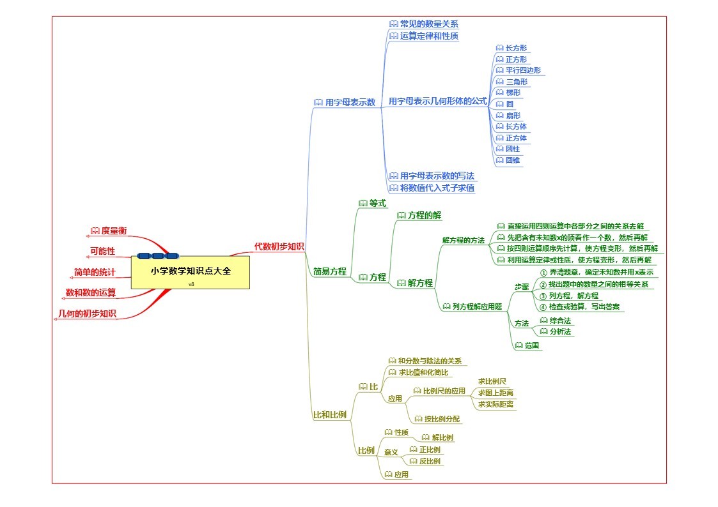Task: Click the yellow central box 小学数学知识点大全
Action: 190,272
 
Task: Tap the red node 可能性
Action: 102,251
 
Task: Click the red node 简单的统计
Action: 95,273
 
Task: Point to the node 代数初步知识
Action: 279,246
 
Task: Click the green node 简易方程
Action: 329,271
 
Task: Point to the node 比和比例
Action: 329,415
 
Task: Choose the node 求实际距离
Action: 496,404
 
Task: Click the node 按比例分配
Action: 442,420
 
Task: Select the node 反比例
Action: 429,461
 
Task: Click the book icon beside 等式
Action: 363,203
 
